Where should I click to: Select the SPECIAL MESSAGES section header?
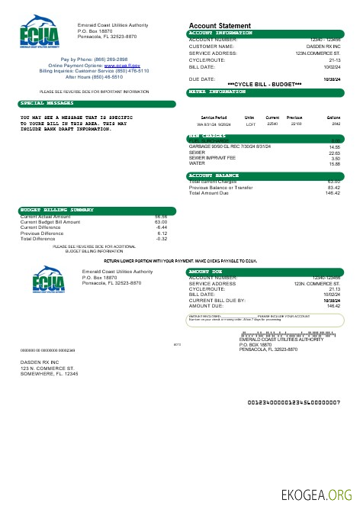coord(42,102)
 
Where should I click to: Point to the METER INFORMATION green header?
coord(217,92)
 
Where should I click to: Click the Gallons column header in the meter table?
coord(333,118)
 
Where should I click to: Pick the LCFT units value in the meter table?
coord(249,124)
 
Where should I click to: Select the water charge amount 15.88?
coord(334,163)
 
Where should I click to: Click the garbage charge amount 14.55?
coord(334,147)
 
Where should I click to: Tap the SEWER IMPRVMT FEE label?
coord(208,158)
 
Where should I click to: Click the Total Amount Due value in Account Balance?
coord(333,193)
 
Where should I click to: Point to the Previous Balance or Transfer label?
coord(222,187)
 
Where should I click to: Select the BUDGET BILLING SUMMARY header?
coord(56,209)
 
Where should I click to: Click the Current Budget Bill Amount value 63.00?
coord(160,222)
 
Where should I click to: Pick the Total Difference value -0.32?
coord(161,239)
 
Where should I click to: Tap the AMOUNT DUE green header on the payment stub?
coord(205,271)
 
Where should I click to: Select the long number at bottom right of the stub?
coord(294,402)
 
